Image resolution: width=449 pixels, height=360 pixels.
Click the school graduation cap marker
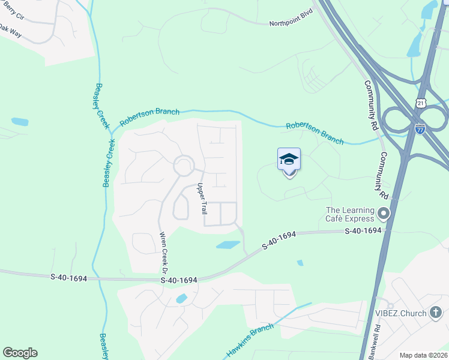[289, 160]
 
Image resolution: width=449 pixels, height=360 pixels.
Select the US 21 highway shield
[421, 104]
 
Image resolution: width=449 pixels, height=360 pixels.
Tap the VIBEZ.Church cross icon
[436, 313]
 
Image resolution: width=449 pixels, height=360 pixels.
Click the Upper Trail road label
[202, 200]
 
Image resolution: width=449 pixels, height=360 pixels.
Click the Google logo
[20, 353]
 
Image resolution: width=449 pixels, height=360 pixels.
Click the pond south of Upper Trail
[228, 245]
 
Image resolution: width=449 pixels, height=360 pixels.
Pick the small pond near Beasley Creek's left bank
[20, 122]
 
